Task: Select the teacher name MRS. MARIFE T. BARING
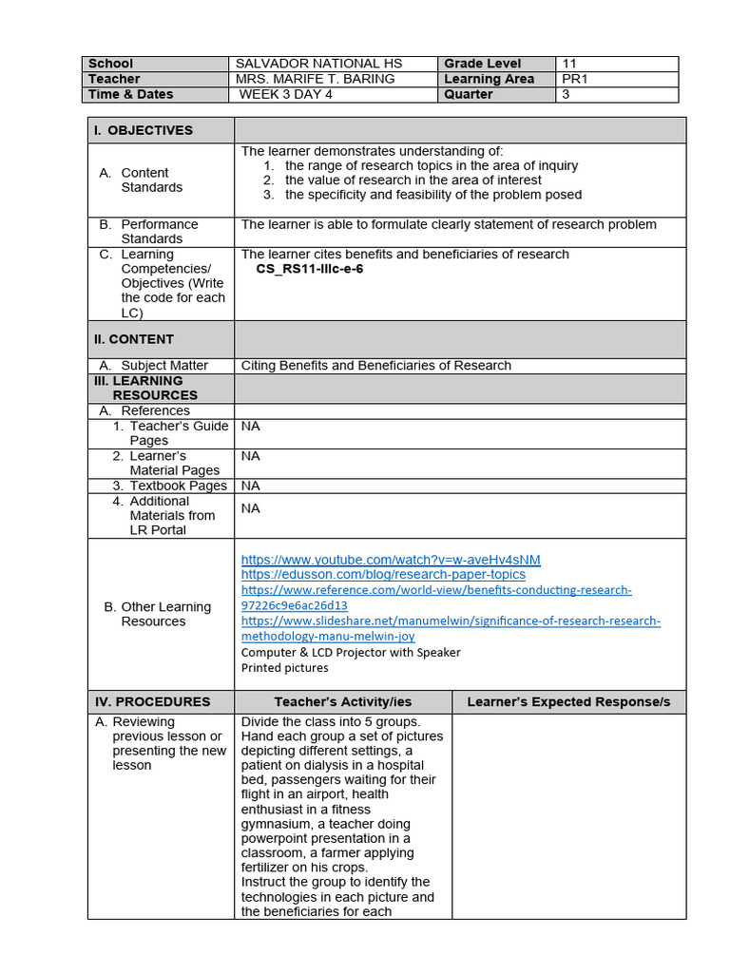315,79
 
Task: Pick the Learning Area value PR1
575,79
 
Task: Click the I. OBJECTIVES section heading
143,130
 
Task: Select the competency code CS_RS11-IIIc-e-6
310,269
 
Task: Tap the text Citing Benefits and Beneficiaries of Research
375,365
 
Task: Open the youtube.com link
391,560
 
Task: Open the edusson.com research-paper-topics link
383,574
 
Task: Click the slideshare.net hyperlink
451,620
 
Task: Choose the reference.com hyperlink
436,590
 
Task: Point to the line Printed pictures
285,667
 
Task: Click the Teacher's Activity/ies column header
343,701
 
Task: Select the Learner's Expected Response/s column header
568,701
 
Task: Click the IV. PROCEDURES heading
152,701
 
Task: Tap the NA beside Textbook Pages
250,486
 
